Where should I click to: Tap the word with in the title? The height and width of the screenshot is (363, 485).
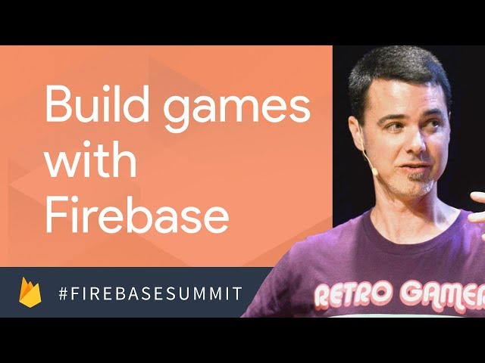tap(91, 159)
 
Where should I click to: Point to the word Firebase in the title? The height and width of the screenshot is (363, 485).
tap(137, 214)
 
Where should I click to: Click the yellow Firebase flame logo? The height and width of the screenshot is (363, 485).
tap(30, 292)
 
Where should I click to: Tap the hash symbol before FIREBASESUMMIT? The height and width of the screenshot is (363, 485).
tap(63, 293)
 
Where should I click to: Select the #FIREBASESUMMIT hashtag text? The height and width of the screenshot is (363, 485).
tap(150, 293)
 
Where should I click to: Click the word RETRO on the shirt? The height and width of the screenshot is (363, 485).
tap(353, 294)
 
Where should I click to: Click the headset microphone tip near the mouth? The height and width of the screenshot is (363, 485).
tap(374, 170)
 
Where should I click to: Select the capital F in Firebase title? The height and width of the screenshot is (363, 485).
tap(55, 215)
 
